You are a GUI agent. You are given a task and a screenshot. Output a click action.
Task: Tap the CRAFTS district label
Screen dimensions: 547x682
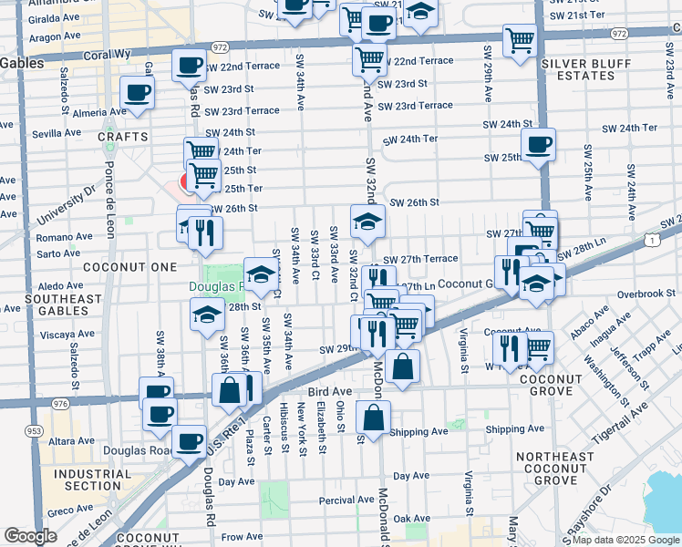click(122, 137)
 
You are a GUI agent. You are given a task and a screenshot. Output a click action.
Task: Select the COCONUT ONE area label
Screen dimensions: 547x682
click(116, 267)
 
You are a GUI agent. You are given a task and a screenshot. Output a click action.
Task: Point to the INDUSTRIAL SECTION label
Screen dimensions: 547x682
click(93, 480)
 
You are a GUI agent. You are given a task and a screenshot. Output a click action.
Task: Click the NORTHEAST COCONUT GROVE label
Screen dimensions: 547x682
click(555, 468)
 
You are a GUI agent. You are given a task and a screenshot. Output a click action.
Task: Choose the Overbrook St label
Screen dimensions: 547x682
click(644, 294)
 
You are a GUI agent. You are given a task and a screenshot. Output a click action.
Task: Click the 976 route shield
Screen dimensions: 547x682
click(61, 404)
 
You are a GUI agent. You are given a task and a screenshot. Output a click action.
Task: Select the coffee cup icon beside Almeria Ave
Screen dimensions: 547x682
click(137, 92)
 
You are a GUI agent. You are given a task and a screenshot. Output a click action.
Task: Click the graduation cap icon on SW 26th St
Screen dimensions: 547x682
click(367, 221)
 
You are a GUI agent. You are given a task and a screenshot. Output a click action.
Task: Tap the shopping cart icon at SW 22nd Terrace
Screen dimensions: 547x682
click(368, 59)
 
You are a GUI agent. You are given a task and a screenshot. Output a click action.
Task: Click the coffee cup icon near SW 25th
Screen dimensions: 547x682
click(538, 144)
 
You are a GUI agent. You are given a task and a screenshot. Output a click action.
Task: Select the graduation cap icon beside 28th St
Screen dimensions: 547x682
click(207, 315)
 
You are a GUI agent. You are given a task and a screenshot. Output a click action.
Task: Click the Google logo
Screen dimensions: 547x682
click(30, 537)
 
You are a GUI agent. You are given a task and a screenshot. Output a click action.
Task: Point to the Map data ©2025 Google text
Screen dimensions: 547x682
click(625, 540)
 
